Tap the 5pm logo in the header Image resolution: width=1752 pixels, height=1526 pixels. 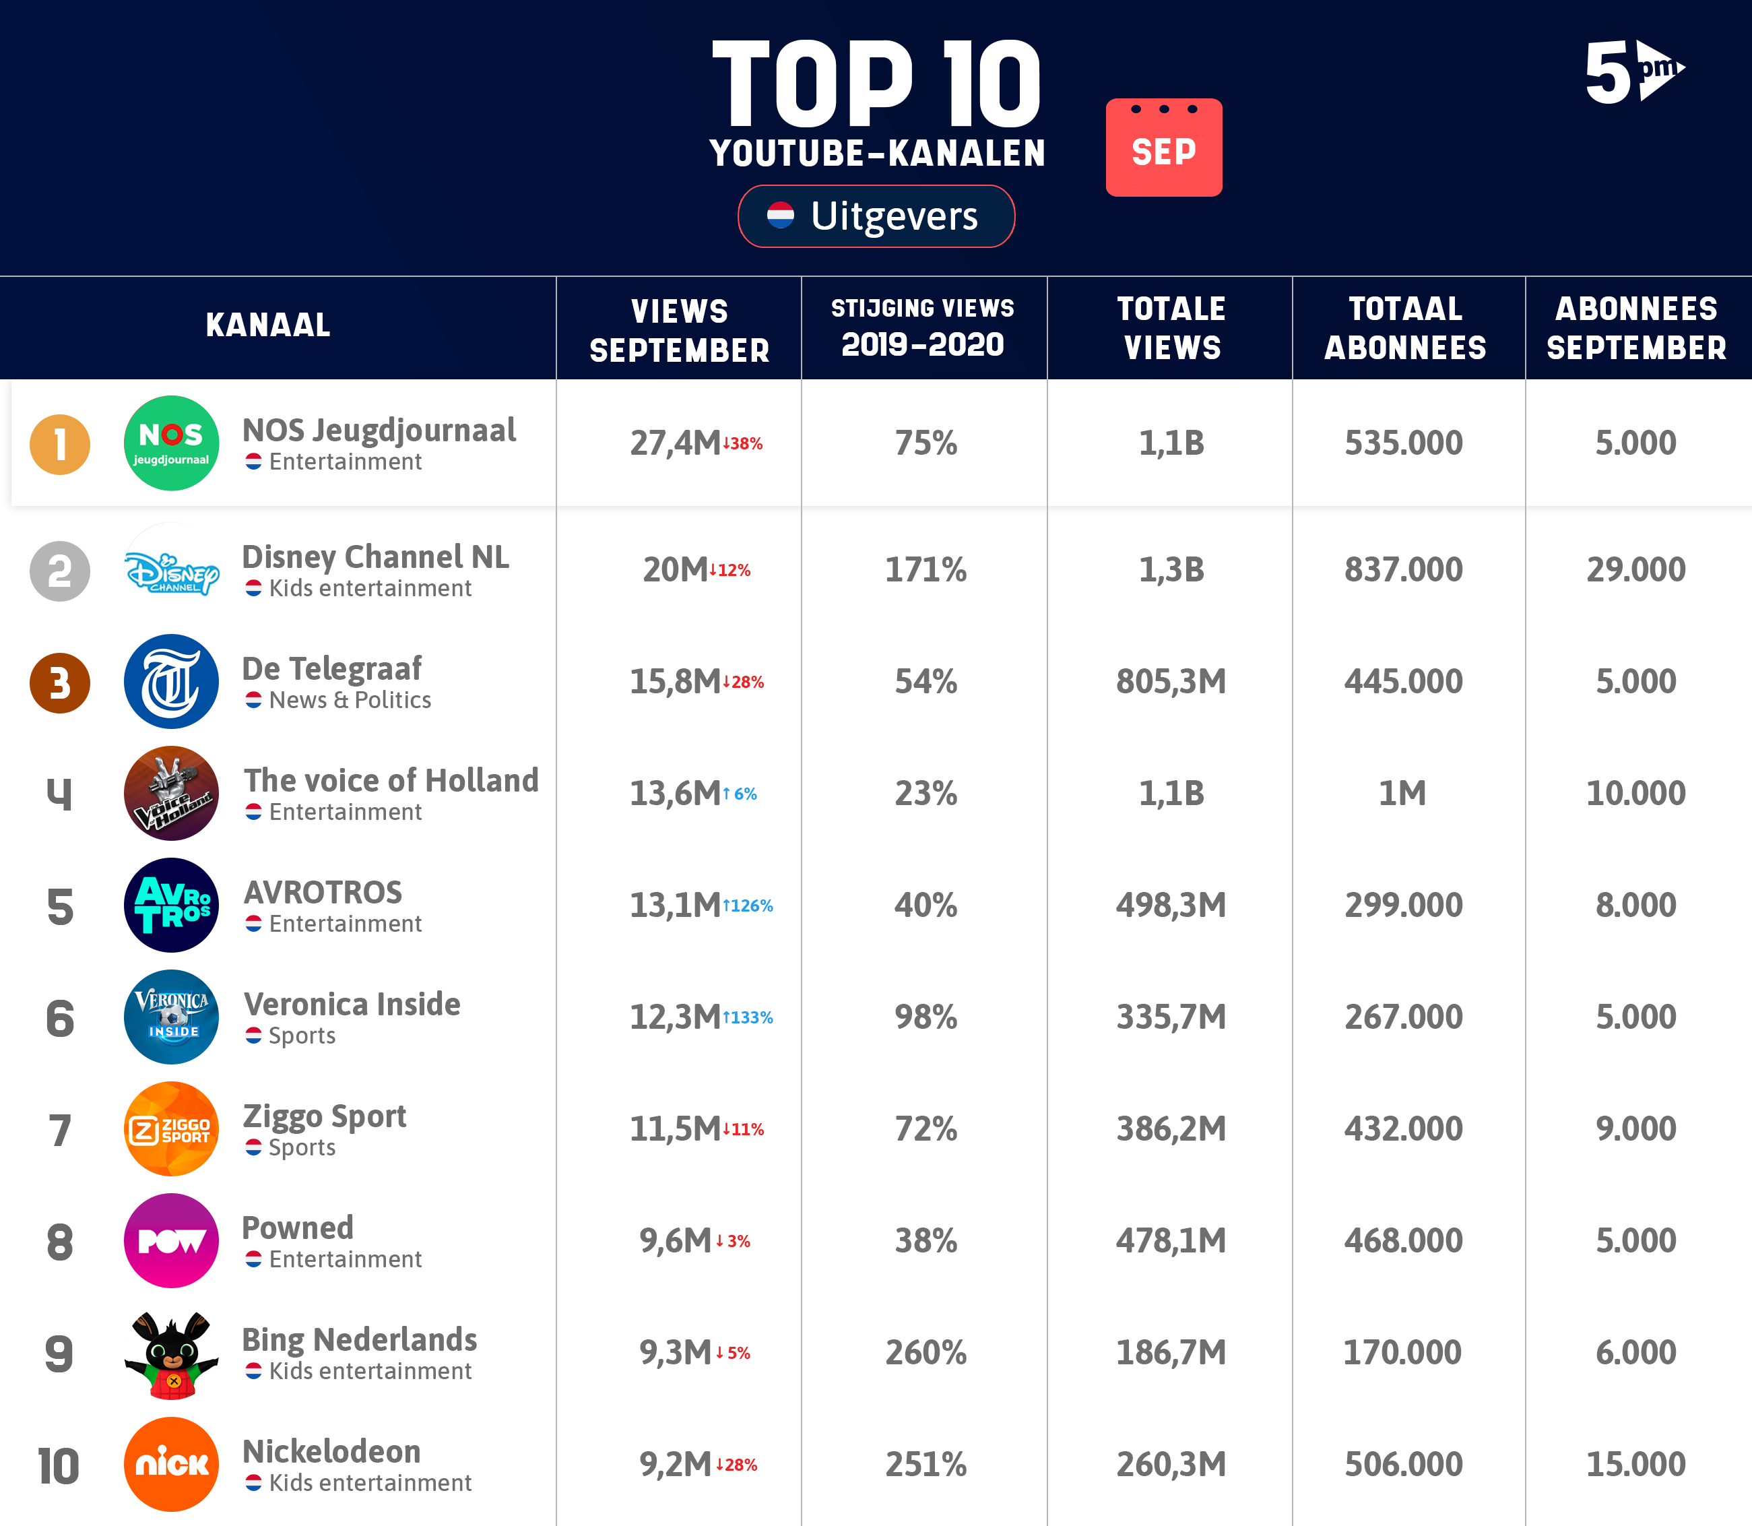pos(1632,72)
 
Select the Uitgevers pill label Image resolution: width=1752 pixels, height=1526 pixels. pos(876,216)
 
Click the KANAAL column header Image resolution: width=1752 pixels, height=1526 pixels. pos(268,325)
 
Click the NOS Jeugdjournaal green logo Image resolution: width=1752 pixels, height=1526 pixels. pos(171,443)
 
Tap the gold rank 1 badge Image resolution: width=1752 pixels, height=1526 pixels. pos(59,445)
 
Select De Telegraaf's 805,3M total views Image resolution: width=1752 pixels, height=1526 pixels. pos(1171,681)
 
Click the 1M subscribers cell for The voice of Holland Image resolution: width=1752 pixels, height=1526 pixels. pos(1402,794)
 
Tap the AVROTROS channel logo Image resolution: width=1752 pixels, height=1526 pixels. pos(171,905)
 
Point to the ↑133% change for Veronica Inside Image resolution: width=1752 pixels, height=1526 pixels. pos(748,1017)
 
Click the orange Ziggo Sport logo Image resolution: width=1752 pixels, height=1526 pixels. pos(171,1129)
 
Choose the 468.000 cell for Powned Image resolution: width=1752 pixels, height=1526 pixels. pos(1403,1241)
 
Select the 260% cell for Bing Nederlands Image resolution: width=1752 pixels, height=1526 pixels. pos(926,1352)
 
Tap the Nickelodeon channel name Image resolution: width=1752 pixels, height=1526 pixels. pos(331,1452)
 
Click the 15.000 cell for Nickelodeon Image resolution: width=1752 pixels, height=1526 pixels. pos(1635,1465)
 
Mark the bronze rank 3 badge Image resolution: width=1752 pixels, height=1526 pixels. pos(59,683)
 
